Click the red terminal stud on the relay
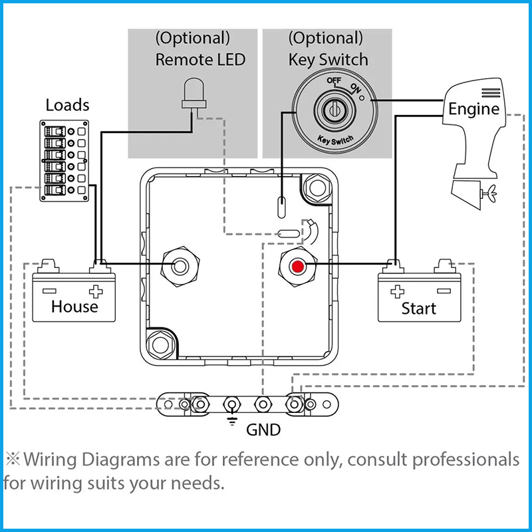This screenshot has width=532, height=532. [297, 267]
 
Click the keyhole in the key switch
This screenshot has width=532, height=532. [334, 110]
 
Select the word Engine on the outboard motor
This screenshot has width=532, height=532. [473, 110]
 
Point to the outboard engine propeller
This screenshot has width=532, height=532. [490, 194]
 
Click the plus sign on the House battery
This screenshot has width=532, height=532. [96, 291]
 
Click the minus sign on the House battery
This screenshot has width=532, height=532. [49, 291]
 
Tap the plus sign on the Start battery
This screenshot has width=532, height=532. [397, 291]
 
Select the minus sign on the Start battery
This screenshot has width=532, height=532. [444, 291]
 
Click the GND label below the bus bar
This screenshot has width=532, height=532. [263, 430]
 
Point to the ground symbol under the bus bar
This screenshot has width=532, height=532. [232, 421]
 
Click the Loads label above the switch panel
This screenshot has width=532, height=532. [68, 105]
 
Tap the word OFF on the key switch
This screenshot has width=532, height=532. [334, 80]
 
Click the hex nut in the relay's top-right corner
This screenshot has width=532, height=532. [318, 188]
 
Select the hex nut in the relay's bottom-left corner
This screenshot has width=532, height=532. [161, 344]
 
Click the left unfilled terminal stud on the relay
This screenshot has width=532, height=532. [180, 267]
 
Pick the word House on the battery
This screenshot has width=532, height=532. [74, 307]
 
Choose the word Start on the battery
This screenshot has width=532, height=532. [419, 309]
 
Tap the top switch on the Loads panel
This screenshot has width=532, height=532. [55, 132]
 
